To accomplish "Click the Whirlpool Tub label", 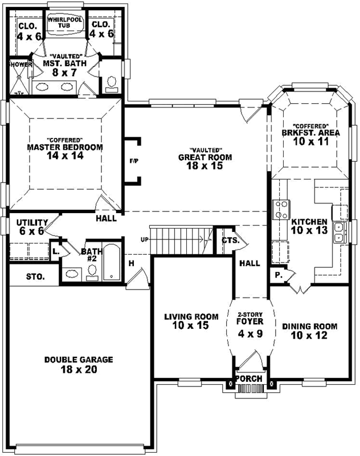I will coord(65,23).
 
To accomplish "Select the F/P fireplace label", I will coord(134,161).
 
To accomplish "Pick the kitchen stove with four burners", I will coord(281,209).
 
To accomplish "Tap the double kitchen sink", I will coord(338,233).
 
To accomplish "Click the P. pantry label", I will coord(279,274).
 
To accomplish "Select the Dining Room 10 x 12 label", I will coord(309,331).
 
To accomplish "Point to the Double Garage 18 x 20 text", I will coord(79,364).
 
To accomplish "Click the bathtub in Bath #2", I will coord(112,263).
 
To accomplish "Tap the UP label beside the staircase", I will coord(145,239).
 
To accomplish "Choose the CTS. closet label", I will coord(230,241).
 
